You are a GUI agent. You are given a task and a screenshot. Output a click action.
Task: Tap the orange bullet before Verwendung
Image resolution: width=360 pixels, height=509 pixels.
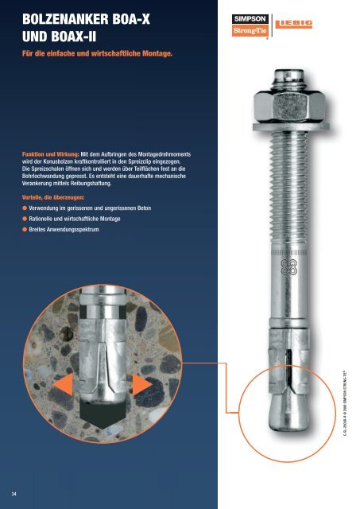point(25,208)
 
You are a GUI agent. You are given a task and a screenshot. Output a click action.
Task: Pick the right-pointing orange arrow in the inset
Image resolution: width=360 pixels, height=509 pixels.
point(141,385)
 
